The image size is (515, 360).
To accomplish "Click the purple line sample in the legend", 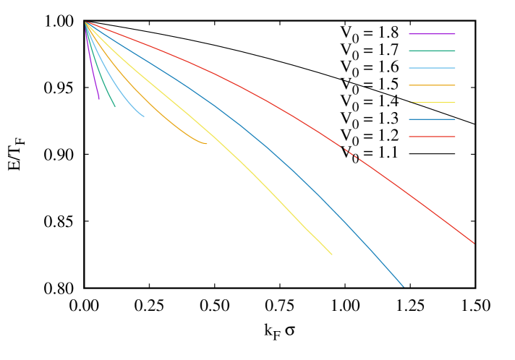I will pos(432,34).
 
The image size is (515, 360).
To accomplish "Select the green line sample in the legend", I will pos(432,51).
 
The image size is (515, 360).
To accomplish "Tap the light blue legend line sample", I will pos(432,68).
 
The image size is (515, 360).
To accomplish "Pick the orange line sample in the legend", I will pos(432,85).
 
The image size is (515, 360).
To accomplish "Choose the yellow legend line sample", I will pos(432,103).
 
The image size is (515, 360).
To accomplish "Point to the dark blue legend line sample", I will pos(432,119).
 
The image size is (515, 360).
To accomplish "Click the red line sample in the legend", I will pos(432,137).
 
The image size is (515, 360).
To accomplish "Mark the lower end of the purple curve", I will pos(99,98).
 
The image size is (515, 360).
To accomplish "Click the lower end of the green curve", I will pos(115,107).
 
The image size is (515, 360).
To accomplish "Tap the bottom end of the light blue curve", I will pos(143,116).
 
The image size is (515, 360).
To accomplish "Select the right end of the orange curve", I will pos(207,144).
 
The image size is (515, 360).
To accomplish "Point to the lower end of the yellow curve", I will pos(331,254).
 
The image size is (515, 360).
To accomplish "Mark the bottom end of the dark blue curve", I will pos(403,287).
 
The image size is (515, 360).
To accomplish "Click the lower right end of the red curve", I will pos(474,244).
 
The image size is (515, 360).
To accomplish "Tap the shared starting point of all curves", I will pos(86,22).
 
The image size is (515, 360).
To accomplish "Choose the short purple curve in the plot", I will pos(92,65).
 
